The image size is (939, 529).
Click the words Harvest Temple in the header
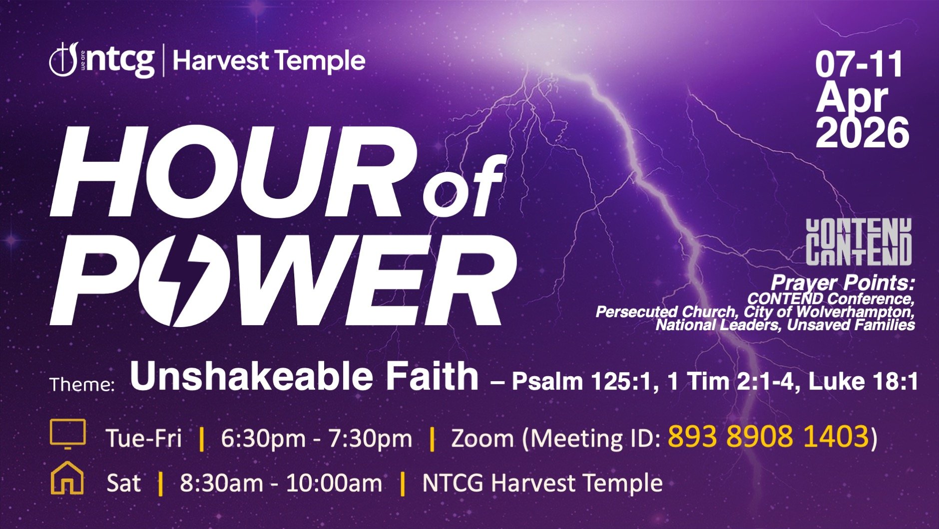pyautogui.click(x=269, y=61)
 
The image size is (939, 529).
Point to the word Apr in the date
pyautogui.click(x=852, y=97)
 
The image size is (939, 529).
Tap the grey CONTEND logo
pyautogui.click(x=859, y=242)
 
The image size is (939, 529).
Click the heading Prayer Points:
pyautogui.click(x=842, y=283)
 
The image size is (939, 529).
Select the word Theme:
pyautogui.click(x=82, y=385)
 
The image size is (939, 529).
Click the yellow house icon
pyautogui.click(x=67, y=478)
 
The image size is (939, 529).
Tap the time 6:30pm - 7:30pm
pyautogui.click(x=316, y=439)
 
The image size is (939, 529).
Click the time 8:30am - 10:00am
pyautogui.click(x=281, y=483)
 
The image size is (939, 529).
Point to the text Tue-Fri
pyautogui.click(x=144, y=439)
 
